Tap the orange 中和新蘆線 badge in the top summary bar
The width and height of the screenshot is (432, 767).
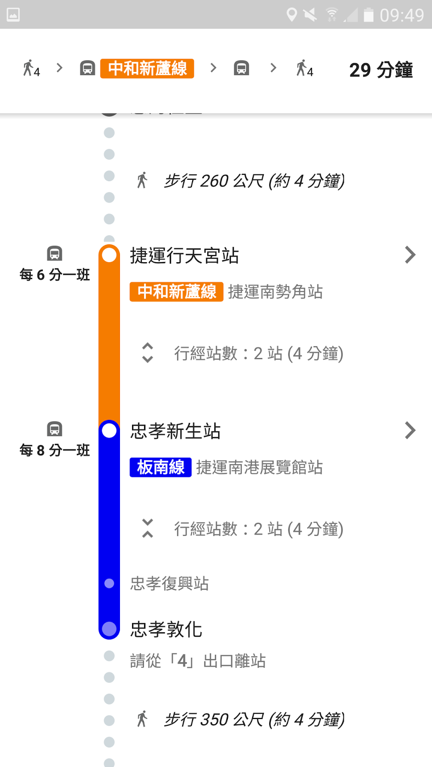[x=147, y=69]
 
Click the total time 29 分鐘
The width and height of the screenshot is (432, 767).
[x=381, y=70]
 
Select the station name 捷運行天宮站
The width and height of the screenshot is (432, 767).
[x=184, y=256]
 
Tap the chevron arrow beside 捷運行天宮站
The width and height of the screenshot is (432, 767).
[x=409, y=255]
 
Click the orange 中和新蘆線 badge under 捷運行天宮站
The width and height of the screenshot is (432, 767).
[x=176, y=291]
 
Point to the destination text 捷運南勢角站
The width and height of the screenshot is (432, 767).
[x=275, y=291]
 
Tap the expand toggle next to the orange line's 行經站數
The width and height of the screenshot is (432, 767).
[x=147, y=353]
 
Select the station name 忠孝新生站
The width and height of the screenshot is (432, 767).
[x=175, y=431]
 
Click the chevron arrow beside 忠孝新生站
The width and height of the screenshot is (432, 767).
[x=409, y=430]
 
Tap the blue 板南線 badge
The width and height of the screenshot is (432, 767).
[x=160, y=467]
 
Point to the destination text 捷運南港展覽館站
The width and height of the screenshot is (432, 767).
[x=259, y=467]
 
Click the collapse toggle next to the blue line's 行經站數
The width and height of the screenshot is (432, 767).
[x=147, y=528]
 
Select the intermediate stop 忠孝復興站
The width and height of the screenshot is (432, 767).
[x=169, y=583]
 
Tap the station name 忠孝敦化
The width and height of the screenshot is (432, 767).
[x=166, y=629]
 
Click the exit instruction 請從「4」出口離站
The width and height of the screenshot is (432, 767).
[x=198, y=661]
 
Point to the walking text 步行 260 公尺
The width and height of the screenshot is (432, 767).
[x=254, y=181]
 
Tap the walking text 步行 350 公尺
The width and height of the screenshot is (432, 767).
[x=254, y=720]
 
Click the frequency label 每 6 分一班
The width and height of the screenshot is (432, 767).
[x=55, y=275]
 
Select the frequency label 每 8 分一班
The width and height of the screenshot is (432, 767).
[x=55, y=450]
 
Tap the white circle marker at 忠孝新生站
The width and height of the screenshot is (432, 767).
[x=109, y=430]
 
